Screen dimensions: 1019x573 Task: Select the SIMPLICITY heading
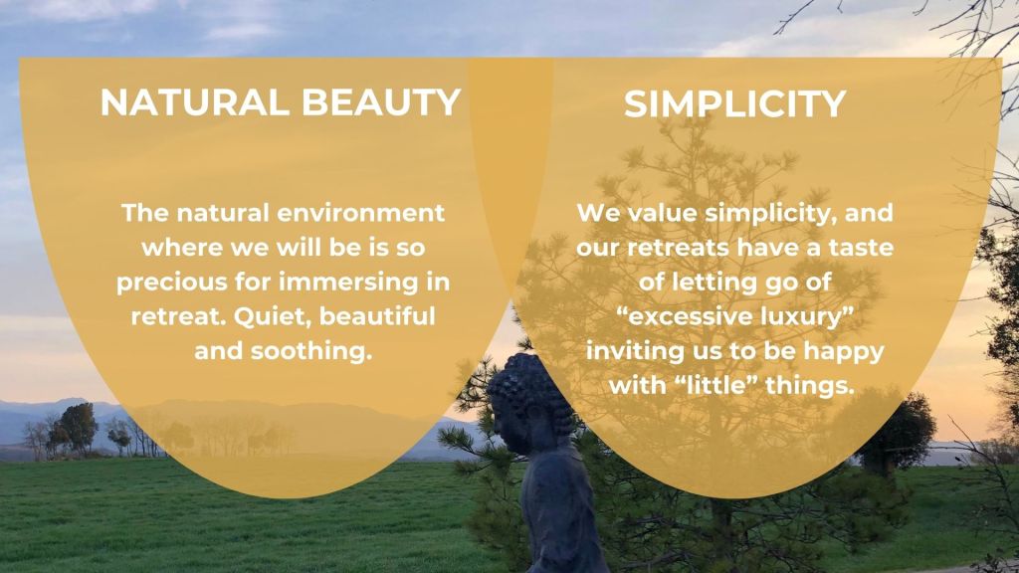(x=734, y=103)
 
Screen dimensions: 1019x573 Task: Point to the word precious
(x=171, y=283)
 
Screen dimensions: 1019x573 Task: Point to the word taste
(x=861, y=248)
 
